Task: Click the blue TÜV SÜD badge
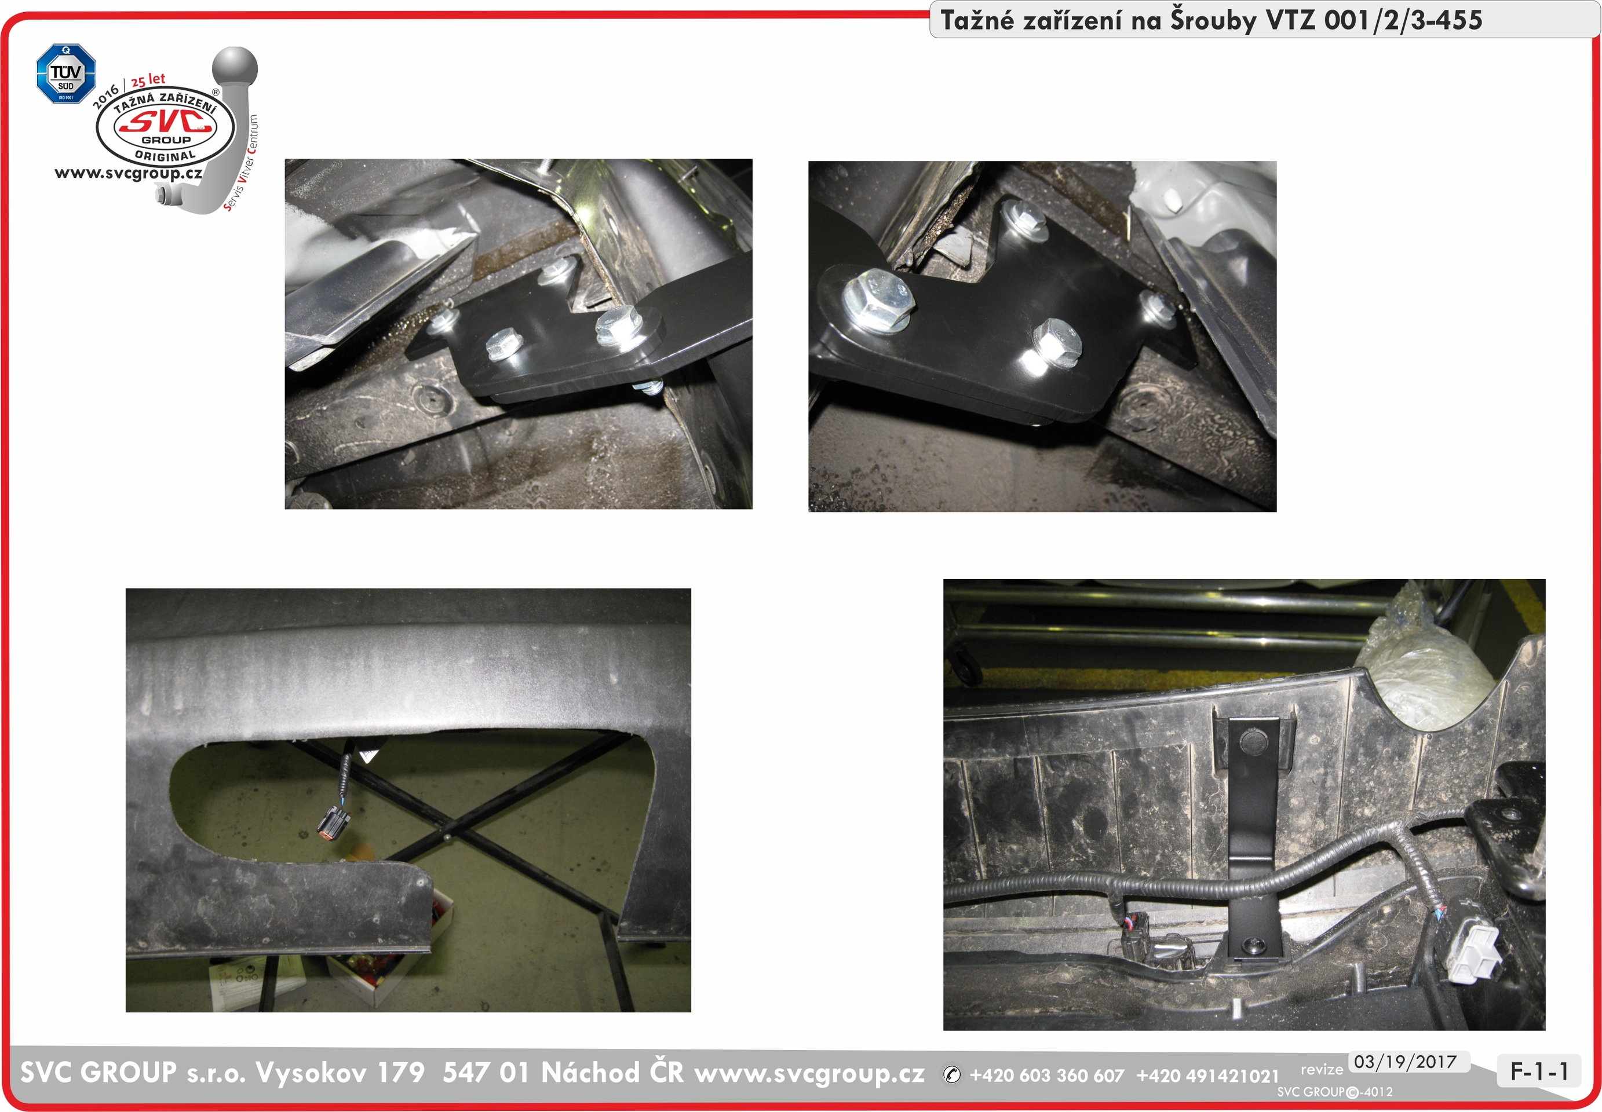(x=65, y=74)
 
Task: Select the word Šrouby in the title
(x=1213, y=20)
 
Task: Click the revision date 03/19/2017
(x=1406, y=1062)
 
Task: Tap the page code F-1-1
(x=1539, y=1071)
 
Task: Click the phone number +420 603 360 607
(x=1046, y=1076)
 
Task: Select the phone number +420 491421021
(x=1207, y=1076)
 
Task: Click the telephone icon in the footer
(x=952, y=1075)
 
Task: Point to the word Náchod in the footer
(x=590, y=1072)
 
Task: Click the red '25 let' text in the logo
(x=148, y=79)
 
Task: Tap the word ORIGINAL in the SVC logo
(x=165, y=156)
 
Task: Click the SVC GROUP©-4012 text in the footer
(x=1334, y=1092)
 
